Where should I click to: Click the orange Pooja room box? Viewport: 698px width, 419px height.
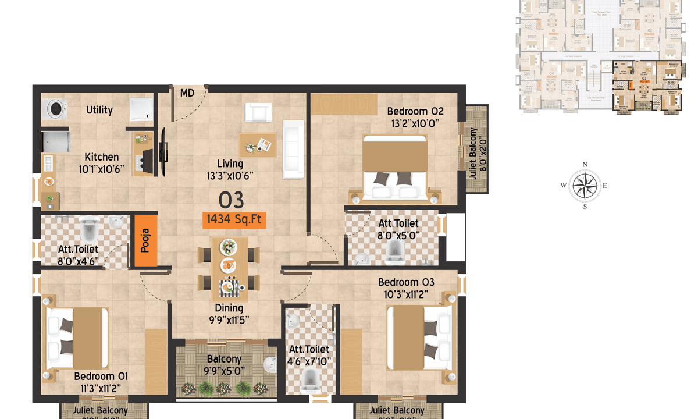coord(145,241)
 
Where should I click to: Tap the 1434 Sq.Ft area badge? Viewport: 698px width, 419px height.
coord(234,219)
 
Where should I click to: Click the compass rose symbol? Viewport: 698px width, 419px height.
coord(585,185)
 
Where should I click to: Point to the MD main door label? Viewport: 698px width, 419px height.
coord(187,93)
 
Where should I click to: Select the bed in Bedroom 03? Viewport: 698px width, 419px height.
coord(419,338)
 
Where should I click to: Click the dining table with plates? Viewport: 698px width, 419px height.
coord(228,265)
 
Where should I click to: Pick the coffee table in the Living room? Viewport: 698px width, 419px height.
coord(257,143)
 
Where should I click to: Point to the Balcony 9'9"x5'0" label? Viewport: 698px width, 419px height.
coord(224,365)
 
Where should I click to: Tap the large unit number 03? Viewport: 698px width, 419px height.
coord(231,200)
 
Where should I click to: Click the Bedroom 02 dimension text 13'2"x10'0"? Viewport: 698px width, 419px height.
coord(415,123)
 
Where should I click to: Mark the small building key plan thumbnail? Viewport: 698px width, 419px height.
coord(600,55)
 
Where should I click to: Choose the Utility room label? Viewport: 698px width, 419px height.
coord(99,110)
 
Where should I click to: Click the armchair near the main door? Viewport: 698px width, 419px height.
coord(258,111)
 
